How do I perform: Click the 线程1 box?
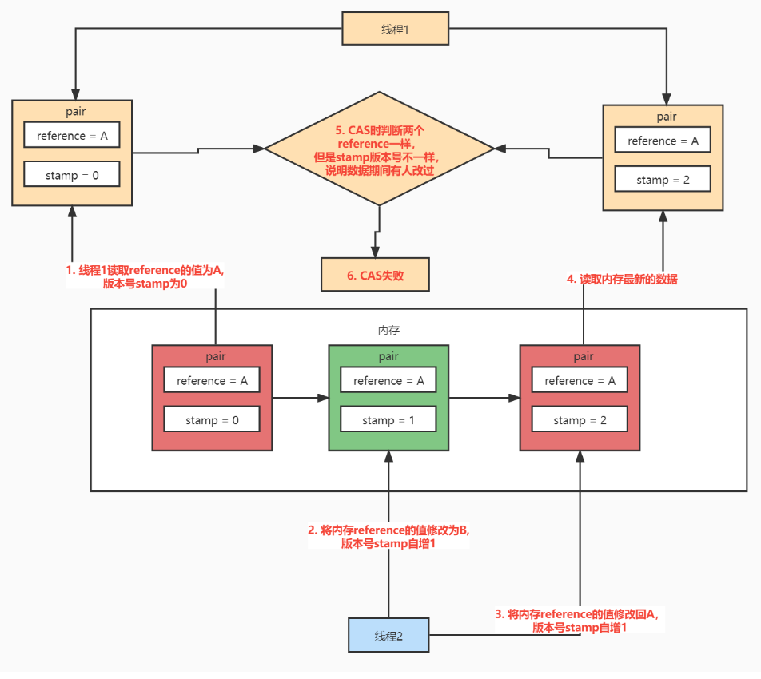tap(395, 29)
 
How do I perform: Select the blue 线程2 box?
tap(388, 636)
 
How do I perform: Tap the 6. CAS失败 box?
tap(375, 275)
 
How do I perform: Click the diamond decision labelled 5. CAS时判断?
tap(380, 150)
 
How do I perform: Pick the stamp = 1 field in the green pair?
tap(388, 420)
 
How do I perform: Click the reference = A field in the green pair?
tap(388, 381)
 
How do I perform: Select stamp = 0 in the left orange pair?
tap(71, 175)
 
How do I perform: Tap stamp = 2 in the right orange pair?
tap(663, 180)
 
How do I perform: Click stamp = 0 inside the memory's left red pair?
tap(212, 419)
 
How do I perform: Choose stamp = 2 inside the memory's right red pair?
tap(580, 420)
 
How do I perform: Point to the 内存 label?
tap(388, 329)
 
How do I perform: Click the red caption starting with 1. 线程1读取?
tap(145, 276)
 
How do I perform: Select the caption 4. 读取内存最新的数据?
tap(621, 280)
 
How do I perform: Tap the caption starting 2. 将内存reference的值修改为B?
tap(388, 536)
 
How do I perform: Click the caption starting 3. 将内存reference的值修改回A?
tap(580, 620)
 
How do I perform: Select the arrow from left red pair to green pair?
tap(300, 397)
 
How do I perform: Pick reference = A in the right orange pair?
tap(663, 141)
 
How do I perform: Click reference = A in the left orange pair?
tap(71, 136)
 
